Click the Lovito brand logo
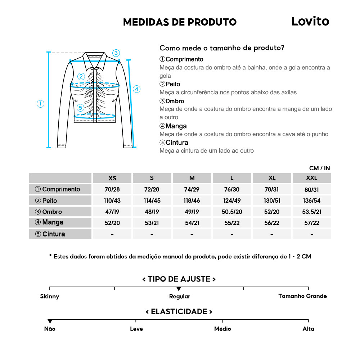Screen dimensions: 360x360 310,22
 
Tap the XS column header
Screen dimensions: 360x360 112,178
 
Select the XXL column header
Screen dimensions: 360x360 311,178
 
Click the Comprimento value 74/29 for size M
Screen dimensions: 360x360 192,189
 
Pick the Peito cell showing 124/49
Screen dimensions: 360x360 232,201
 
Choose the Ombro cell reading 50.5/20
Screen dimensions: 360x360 232,212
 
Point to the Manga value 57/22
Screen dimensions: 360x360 311,223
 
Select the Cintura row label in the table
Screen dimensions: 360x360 50,234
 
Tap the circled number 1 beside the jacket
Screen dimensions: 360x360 40,104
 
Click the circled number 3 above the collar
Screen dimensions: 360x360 116,53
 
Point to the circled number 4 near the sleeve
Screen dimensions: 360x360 136,89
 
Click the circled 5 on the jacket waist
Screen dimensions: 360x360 80,107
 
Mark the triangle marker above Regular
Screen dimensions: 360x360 179,289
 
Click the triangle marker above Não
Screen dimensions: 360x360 50,321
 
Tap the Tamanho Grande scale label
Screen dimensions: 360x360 302,296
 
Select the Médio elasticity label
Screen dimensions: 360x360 222,329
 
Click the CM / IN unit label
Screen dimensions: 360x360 319,168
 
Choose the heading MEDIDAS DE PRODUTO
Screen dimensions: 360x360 180,22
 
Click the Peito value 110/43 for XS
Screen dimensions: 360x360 112,201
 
